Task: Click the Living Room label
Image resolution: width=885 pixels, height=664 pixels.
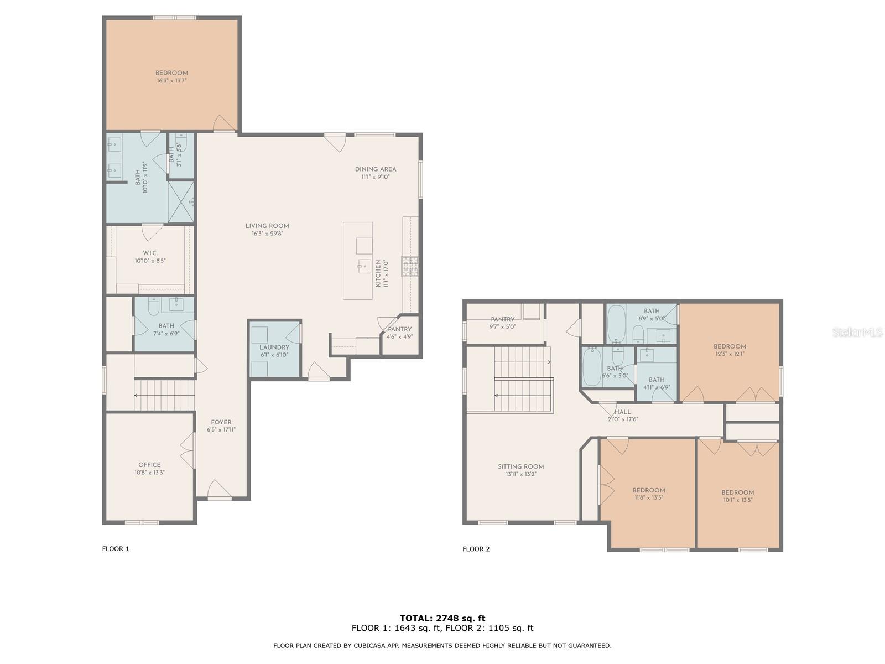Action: coord(267,226)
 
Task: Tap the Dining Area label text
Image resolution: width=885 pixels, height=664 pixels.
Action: coord(376,169)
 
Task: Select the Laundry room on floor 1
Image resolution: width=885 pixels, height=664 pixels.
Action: coord(274,350)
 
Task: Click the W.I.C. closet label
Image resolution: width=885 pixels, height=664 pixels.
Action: coord(150,253)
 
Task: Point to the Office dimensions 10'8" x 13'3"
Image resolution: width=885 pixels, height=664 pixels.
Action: coord(149,473)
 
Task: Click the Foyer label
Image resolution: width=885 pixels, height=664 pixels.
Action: coord(221,422)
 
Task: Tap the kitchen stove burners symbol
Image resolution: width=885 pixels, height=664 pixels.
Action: coord(410,266)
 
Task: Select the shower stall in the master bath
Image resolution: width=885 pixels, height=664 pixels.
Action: coord(181,201)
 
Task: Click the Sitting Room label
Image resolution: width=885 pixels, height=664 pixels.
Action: coord(520,466)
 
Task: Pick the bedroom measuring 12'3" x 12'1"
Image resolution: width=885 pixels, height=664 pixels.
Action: coord(730,350)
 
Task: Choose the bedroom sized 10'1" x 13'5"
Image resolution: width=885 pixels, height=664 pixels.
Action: coord(737,496)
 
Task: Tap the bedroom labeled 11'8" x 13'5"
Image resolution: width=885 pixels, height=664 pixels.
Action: coord(648,494)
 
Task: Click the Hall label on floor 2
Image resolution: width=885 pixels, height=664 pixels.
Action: coord(622,412)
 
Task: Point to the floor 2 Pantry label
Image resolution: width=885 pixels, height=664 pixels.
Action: coord(502,319)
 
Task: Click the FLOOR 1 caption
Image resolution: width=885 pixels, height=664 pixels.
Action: coord(116,549)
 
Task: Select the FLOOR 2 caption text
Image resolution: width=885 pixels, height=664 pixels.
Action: coord(476,549)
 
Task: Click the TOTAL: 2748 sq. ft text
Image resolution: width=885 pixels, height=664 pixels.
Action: coord(442,618)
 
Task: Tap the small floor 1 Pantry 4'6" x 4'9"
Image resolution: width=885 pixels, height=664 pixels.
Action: coord(399,333)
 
